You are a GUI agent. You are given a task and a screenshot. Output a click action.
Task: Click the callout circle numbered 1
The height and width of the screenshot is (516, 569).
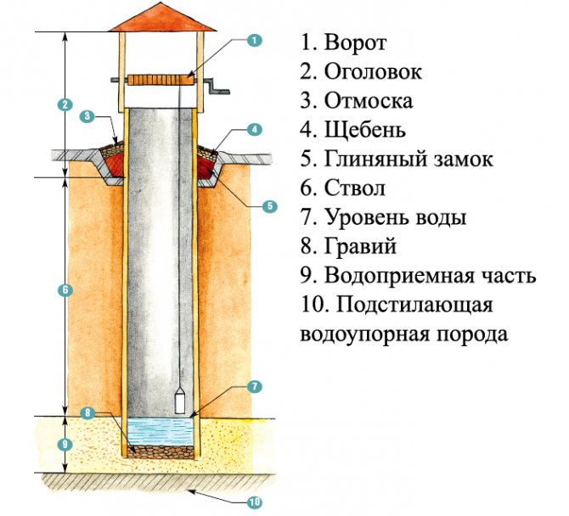point(255,40)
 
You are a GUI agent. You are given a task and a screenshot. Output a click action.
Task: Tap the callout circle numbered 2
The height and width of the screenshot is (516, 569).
point(65,104)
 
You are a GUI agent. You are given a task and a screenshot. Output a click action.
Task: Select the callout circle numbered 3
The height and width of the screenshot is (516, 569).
point(87,116)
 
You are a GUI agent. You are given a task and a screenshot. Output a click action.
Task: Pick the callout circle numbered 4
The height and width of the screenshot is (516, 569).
point(255,130)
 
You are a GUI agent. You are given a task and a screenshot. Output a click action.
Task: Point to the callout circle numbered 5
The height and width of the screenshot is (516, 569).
point(269,206)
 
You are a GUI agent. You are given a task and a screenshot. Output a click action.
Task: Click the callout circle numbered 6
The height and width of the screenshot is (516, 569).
point(65,290)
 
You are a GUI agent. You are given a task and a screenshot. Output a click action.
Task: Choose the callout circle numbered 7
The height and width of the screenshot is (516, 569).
point(255,386)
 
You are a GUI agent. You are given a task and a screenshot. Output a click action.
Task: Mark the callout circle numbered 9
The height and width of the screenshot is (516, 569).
point(65,445)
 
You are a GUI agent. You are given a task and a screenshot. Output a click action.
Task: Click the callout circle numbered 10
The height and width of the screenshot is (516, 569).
point(255,502)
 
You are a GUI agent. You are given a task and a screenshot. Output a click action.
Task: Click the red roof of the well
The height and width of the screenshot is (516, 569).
point(162,18)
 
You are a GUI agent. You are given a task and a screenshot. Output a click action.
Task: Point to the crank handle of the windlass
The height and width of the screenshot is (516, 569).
point(217,87)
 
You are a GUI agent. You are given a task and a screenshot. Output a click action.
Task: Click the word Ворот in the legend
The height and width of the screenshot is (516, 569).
point(355,42)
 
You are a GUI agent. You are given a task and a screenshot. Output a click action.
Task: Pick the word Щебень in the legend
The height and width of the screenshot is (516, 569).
point(364,131)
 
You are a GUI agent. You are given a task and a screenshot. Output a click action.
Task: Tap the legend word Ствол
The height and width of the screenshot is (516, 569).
point(354,188)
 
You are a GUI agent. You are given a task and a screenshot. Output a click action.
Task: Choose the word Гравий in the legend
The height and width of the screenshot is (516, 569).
point(360,247)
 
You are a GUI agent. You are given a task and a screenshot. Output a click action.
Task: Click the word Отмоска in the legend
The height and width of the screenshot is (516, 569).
point(368,101)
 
